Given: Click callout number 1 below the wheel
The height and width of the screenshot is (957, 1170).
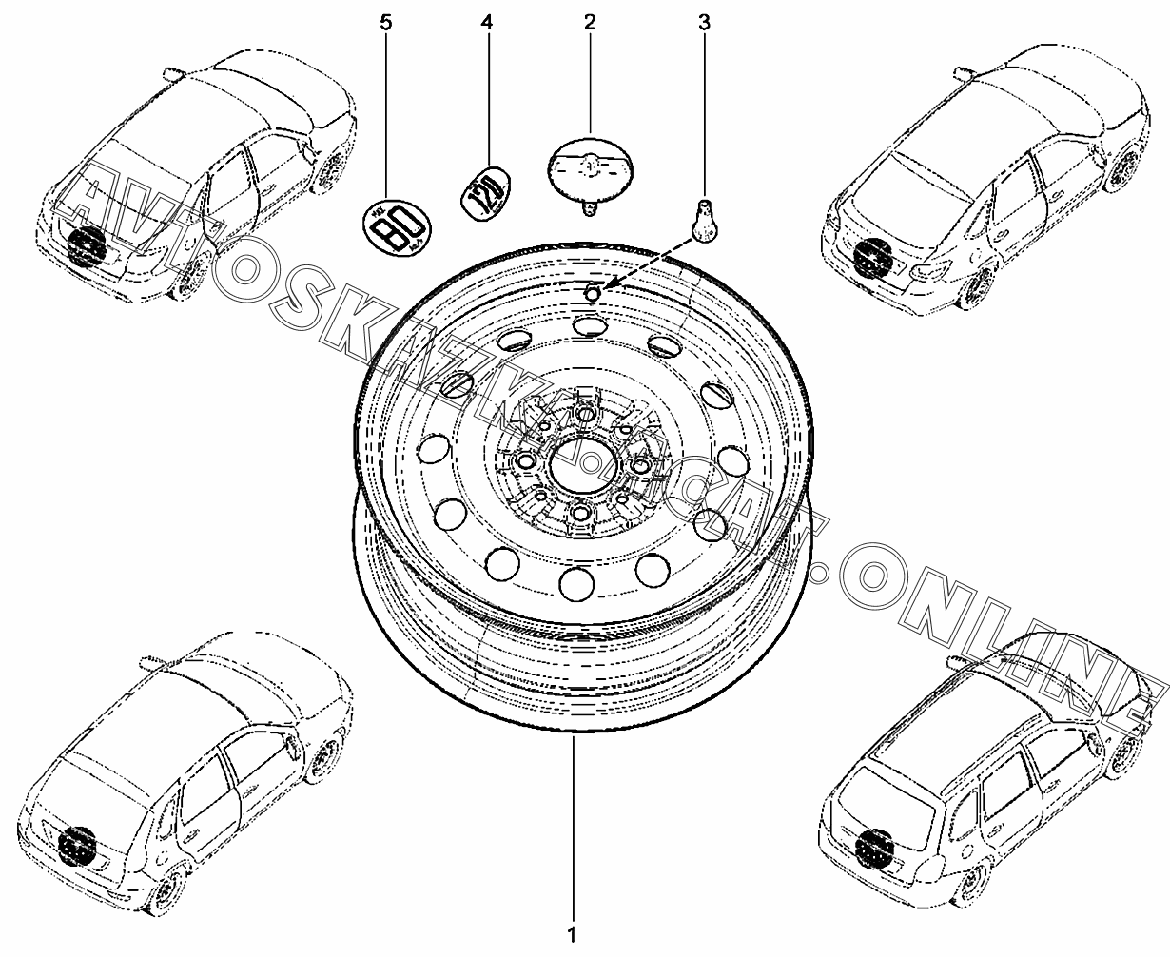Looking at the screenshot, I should (x=572, y=935).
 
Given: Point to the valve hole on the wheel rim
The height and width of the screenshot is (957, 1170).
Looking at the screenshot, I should (x=592, y=294).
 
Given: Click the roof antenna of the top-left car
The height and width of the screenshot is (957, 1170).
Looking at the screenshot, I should (x=172, y=72).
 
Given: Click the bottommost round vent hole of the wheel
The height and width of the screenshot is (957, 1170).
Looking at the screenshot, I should (x=576, y=584).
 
